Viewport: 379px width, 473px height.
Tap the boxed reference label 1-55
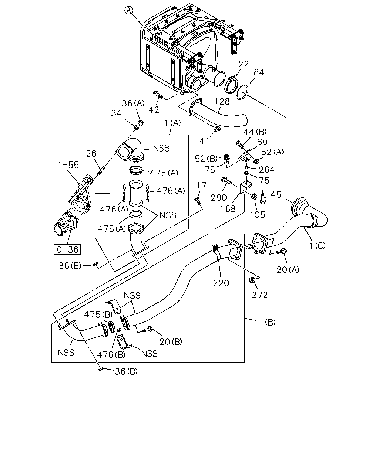68,165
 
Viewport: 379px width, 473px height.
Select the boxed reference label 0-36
67,249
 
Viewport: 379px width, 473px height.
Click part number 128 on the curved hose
222,102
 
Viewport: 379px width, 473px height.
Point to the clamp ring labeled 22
231,84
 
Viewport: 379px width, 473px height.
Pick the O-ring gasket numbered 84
242,92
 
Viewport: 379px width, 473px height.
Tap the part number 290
218,198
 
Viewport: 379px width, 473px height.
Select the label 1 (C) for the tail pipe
317,246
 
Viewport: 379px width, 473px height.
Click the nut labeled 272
251,280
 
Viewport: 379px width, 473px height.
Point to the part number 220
221,283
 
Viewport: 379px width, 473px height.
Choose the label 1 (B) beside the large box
267,323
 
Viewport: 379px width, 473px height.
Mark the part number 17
201,185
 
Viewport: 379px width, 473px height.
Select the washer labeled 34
137,127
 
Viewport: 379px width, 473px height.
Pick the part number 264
267,170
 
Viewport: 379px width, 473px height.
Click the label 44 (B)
255,132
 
